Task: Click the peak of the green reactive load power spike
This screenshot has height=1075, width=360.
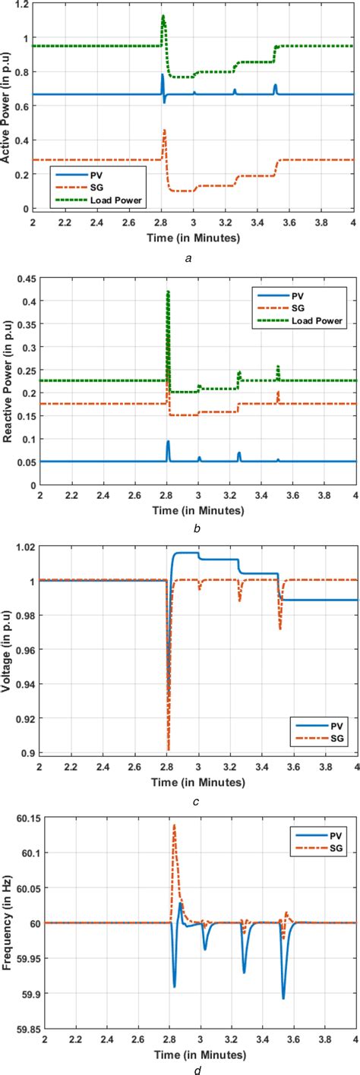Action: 168,292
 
